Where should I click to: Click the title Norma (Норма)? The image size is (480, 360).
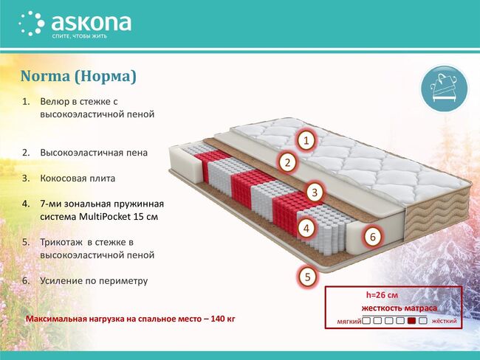78,76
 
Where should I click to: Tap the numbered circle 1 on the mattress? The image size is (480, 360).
306,140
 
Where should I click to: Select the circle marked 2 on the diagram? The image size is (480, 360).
287,162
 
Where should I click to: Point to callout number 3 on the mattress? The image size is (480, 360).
315,193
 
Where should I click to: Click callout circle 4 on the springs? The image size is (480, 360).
306,228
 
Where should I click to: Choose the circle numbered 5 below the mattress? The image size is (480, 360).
307,277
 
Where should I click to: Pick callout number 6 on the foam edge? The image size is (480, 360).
372,236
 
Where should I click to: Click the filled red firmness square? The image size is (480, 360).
412,321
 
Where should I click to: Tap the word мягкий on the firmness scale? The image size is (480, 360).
349,322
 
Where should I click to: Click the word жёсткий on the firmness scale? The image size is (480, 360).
444,321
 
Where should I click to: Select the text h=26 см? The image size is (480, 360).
382,295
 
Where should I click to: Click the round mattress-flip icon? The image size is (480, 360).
444,88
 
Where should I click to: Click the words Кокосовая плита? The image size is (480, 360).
78,179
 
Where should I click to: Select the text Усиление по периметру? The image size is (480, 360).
94,281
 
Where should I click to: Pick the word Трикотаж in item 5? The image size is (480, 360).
61,243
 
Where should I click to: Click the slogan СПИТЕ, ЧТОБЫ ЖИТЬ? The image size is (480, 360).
79,36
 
